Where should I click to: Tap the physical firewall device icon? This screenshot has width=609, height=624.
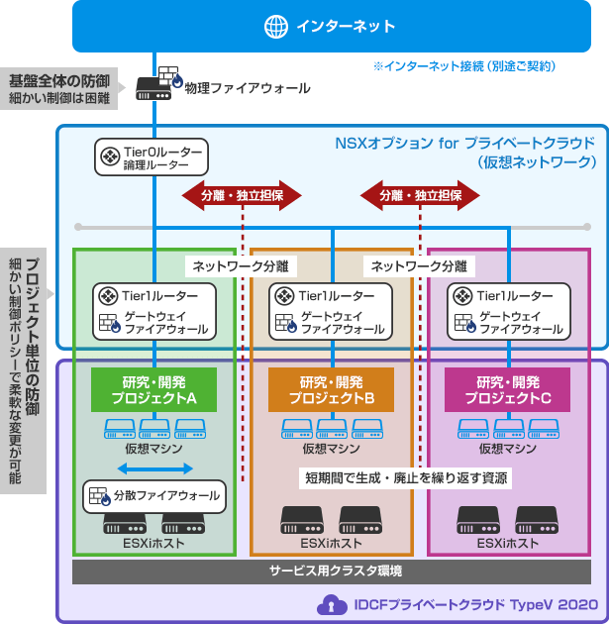157,84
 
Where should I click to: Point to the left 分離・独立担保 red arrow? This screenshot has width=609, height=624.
242,195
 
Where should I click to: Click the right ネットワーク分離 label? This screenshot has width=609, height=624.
419,265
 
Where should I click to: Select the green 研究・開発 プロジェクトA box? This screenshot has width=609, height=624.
153,389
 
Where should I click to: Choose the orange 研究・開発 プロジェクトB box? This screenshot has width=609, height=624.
330,389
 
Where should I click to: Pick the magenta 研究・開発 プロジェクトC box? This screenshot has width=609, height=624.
506,389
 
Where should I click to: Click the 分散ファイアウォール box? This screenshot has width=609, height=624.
152,495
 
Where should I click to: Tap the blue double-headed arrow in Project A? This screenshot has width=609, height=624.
153,468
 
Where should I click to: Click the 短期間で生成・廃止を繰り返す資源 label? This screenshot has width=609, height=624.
406,477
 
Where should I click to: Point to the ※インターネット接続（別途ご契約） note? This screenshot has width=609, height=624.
463,66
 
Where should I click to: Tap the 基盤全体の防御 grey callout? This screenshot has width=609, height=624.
59,88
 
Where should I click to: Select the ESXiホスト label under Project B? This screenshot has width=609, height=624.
331,544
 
